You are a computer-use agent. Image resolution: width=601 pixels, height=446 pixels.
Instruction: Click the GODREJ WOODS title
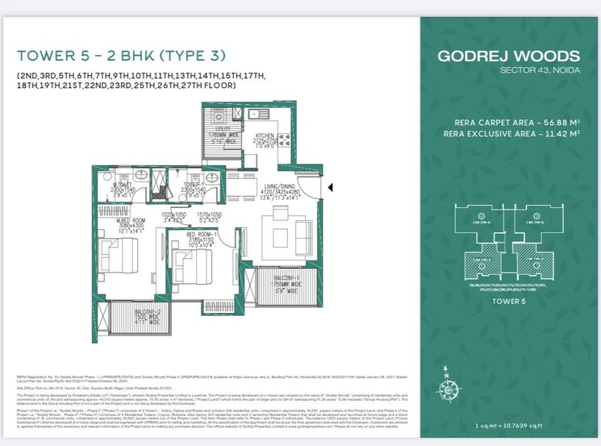(x=507, y=56)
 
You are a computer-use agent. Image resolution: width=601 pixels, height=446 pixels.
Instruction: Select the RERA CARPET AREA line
(x=517, y=123)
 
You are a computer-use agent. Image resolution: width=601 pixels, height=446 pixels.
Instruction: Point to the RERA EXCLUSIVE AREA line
(x=517, y=134)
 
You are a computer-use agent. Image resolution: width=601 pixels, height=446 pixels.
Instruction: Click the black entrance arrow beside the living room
(x=330, y=189)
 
